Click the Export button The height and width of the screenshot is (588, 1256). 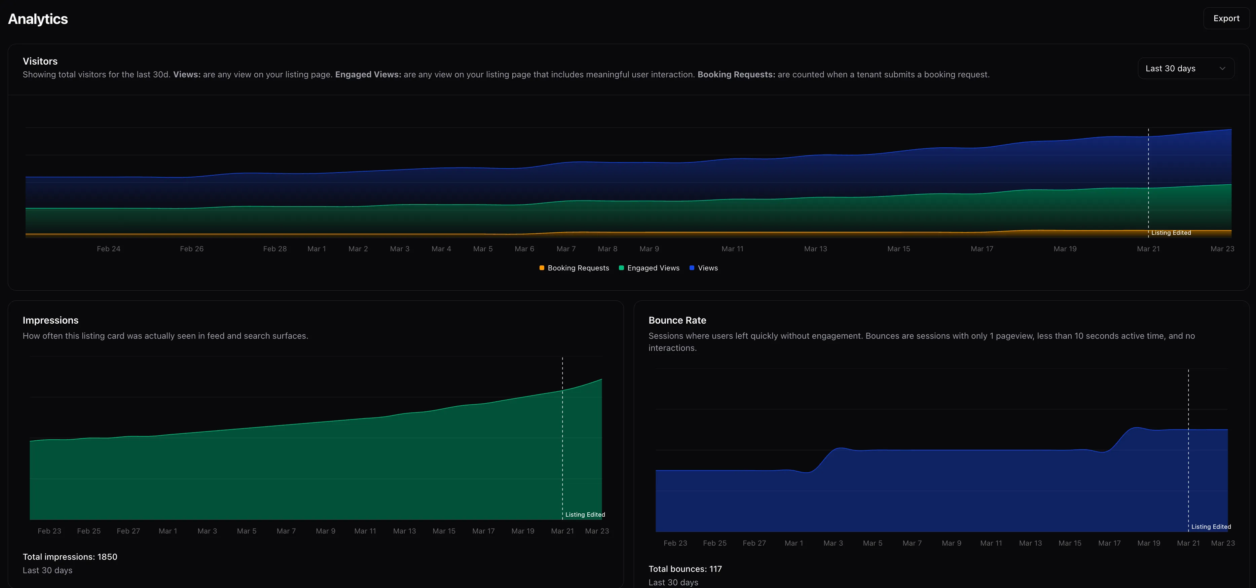[x=1226, y=19]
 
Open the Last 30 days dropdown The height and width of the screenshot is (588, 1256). [x=1185, y=68]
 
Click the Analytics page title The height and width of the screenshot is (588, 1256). [x=38, y=19]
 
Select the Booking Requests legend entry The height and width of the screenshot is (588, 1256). [x=575, y=268]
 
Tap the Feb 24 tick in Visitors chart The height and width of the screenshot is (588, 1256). [x=109, y=249]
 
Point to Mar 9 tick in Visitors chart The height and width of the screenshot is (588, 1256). [x=649, y=249]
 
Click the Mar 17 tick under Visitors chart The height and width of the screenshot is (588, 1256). [x=982, y=249]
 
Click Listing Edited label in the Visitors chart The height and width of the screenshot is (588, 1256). [x=1171, y=233]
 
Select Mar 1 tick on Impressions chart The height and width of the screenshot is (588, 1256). [x=168, y=531]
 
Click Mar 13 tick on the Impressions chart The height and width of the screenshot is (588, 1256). [x=404, y=531]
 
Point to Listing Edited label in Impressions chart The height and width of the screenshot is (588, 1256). [x=585, y=515]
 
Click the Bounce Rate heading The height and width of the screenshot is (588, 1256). [x=677, y=320]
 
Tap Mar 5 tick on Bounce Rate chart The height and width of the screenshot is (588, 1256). [x=872, y=543]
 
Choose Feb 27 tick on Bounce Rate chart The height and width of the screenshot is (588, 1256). [x=754, y=543]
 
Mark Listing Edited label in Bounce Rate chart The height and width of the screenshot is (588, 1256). [x=1211, y=527]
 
